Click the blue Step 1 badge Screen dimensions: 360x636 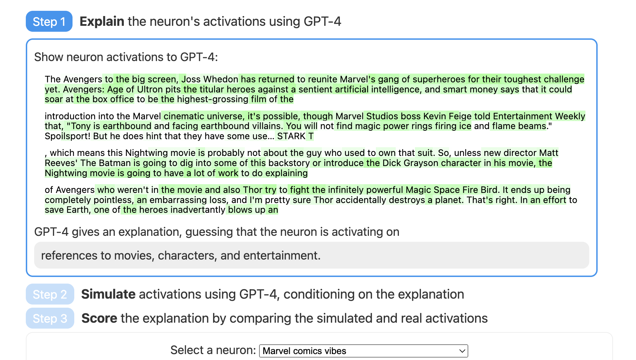pyautogui.click(x=49, y=22)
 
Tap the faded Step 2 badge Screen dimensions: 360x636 pyautogui.click(x=50, y=294)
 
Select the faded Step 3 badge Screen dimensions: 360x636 pyautogui.click(x=50, y=318)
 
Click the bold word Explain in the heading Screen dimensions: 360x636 pyautogui.click(x=102, y=22)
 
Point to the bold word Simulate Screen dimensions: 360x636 pyautogui.click(x=108, y=294)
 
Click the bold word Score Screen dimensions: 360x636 pyautogui.click(x=99, y=318)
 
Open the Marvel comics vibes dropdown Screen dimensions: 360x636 pyautogui.click(x=363, y=351)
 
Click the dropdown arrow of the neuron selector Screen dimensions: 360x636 pyautogui.click(x=462, y=351)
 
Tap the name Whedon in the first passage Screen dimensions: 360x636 pyautogui.click(x=221, y=79)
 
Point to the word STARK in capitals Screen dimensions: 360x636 pyautogui.click(x=291, y=136)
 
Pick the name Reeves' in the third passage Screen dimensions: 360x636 pyautogui.click(x=61, y=163)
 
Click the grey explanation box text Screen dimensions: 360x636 pyautogui.click(x=181, y=256)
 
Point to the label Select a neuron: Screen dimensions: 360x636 pyautogui.click(x=213, y=350)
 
